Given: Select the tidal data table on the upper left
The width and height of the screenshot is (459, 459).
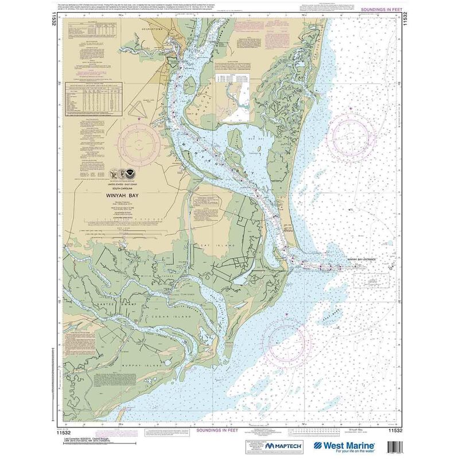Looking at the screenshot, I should pyautogui.click(x=96, y=96).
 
